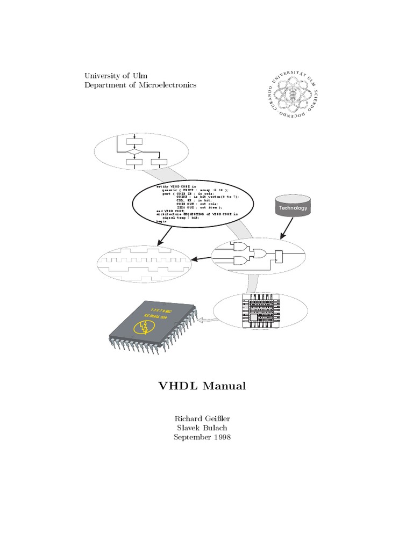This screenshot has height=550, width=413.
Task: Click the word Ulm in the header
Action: tap(140, 76)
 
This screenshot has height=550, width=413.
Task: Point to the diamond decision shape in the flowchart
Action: tap(133, 152)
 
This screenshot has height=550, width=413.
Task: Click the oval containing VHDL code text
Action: tap(195, 204)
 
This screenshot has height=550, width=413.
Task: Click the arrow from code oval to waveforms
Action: tap(165, 235)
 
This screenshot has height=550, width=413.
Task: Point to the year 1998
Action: tap(221, 437)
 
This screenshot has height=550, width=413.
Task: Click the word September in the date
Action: tap(191, 437)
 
